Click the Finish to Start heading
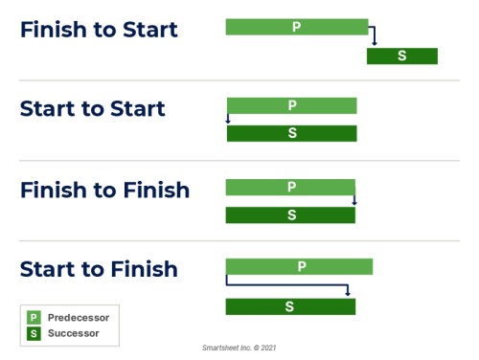pyautogui.click(x=99, y=30)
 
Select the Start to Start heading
pyautogui.click(x=93, y=109)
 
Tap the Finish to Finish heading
pyautogui.click(x=104, y=190)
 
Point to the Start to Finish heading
pyautogui.click(x=99, y=269)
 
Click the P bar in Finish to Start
pyautogui.click(x=297, y=27)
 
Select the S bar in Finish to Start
pyautogui.click(x=401, y=56)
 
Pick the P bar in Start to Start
pyautogui.click(x=291, y=105)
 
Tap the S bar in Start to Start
pyautogui.click(x=291, y=133)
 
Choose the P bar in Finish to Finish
pyautogui.click(x=290, y=187)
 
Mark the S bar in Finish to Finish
pyautogui.click(x=290, y=214)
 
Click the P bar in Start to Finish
pyautogui.click(x=299, y=266)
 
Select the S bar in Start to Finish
pyautogui.click(x=290, y=306)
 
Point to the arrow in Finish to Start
pyautogui.click(x=373, y=36)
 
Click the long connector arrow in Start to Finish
pyautogui.click(x=287, y=284)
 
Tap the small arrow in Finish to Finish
pyautogui.click(x=354, y=200)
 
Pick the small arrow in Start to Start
pyautogui.click(x=228, y=120)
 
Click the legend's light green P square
pyautogui.click(x=34, y=317)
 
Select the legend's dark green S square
pyautogui.click(x=34, y=333)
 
